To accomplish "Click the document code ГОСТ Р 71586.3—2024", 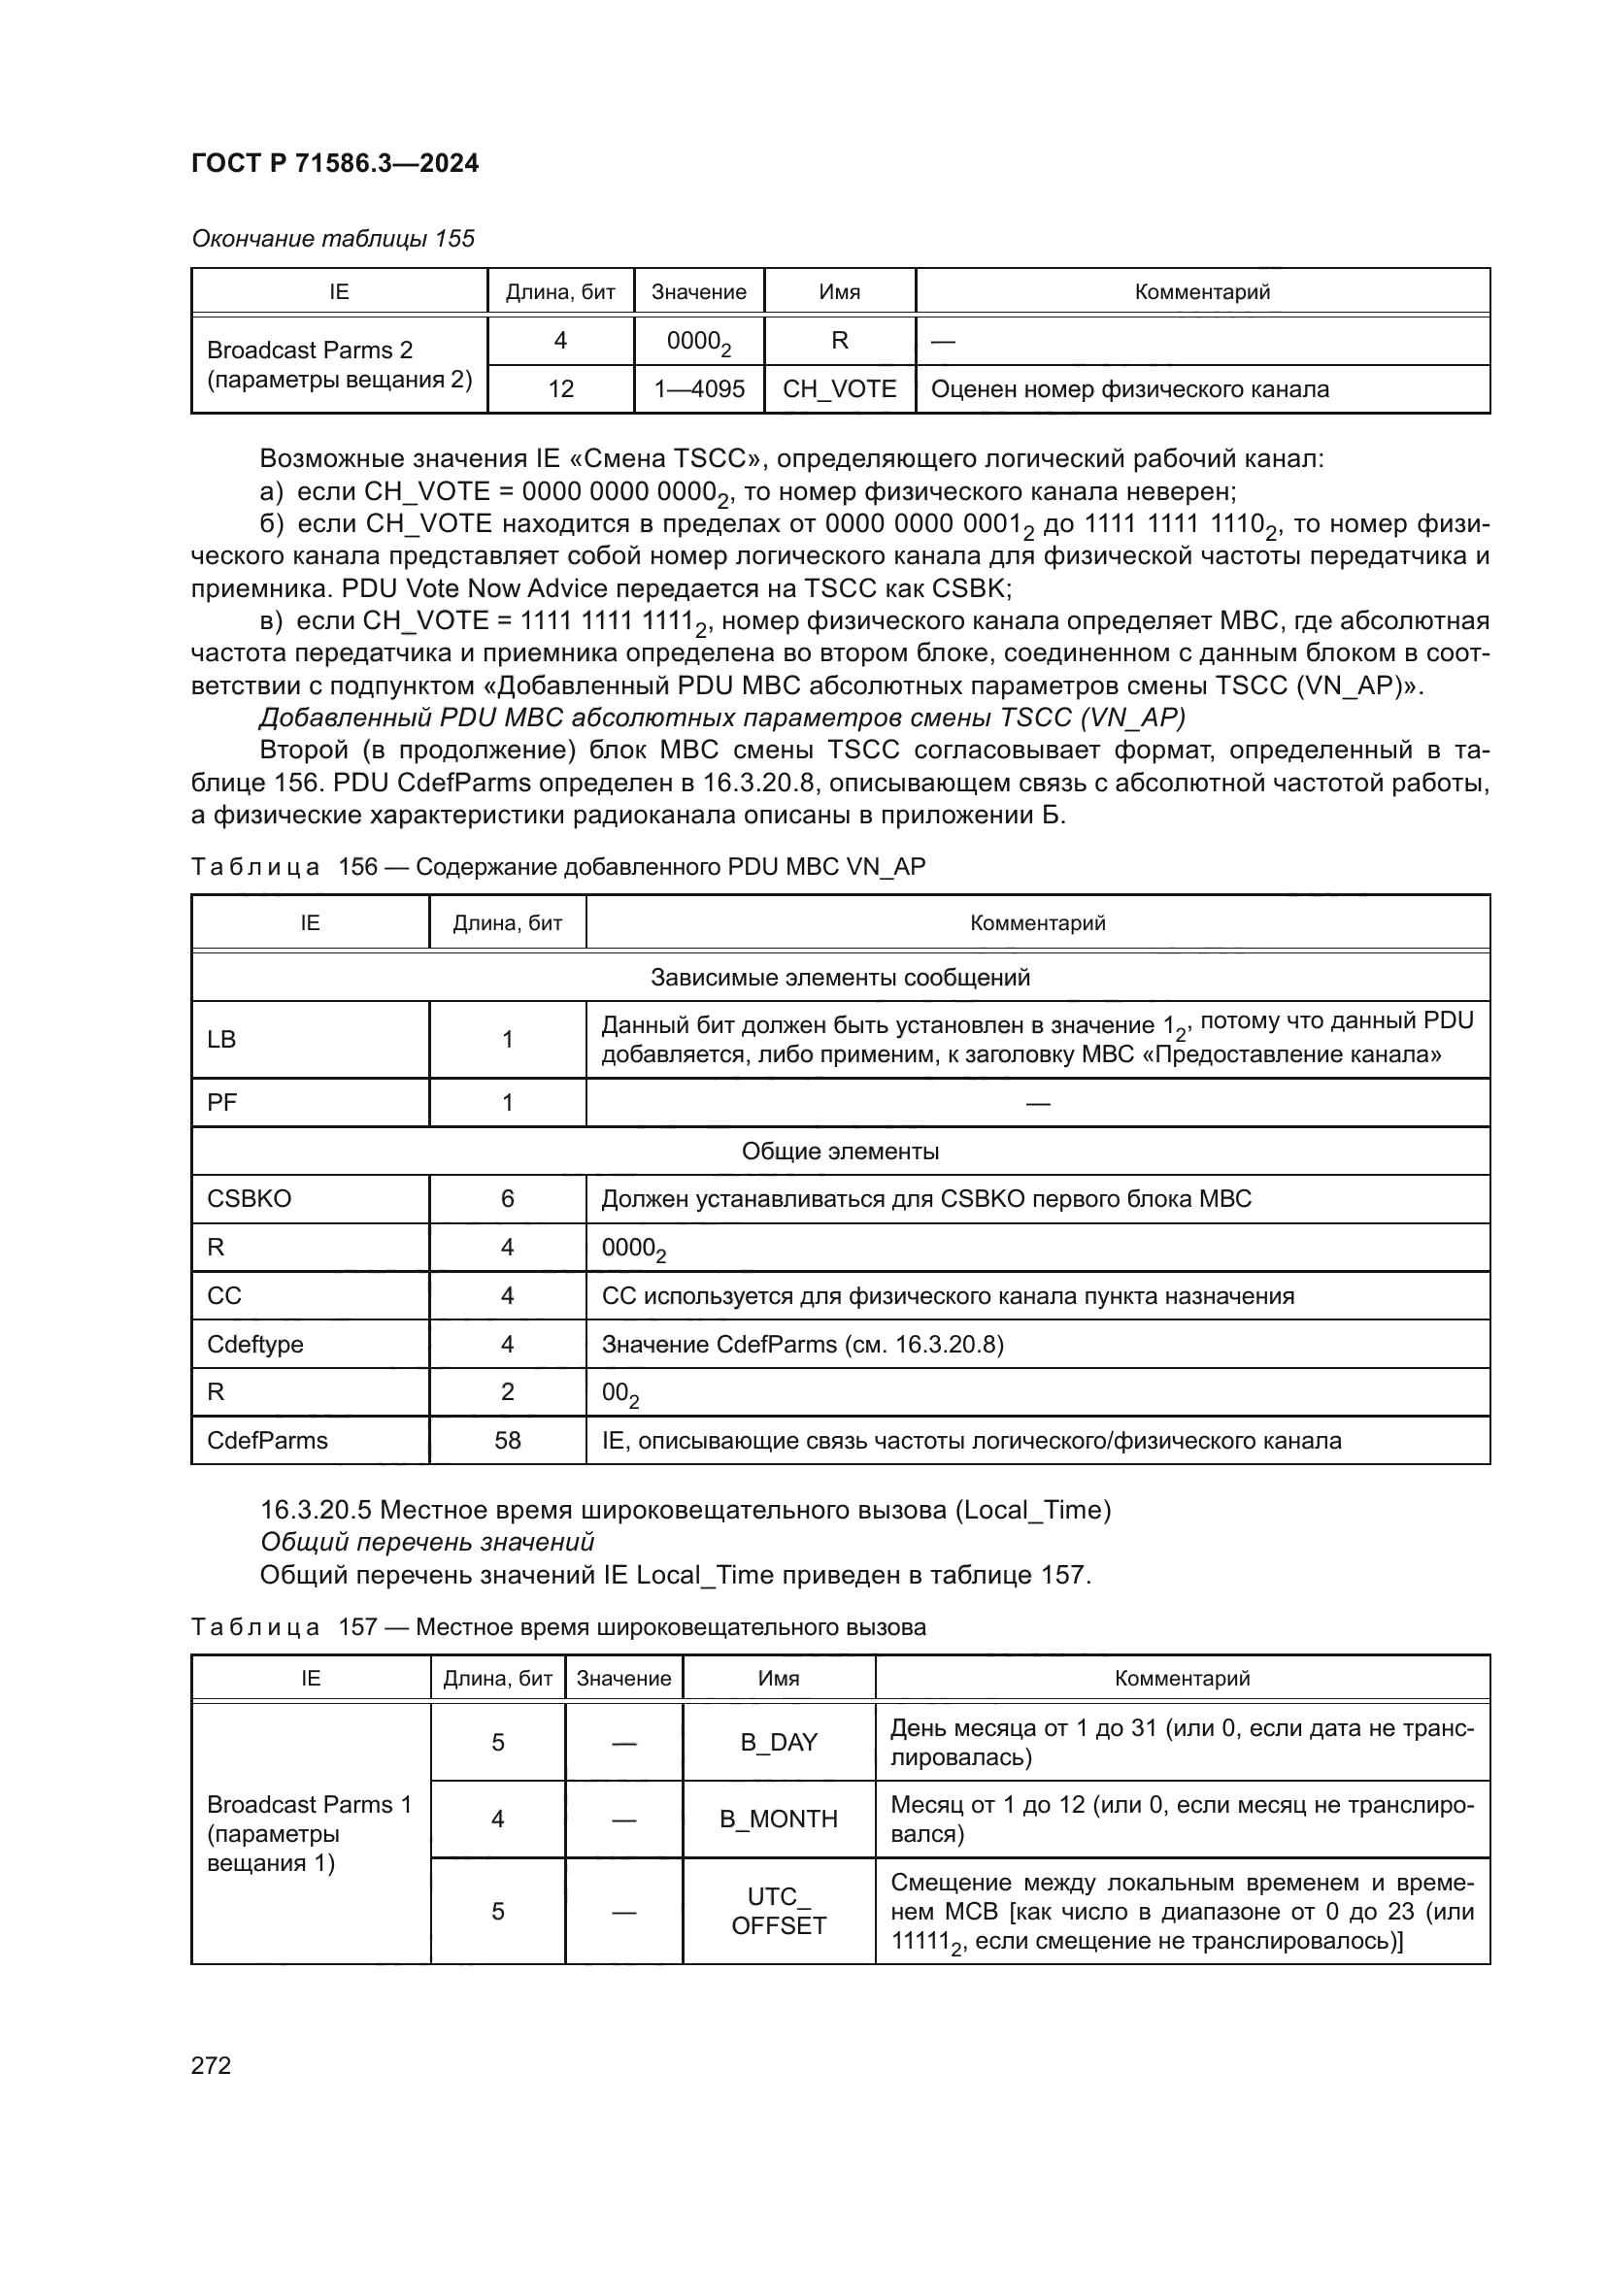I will (334, 163).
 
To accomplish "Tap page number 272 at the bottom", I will (211, 2064).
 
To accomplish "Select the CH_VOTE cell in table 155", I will (839, 388).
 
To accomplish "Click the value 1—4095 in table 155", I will (698, 388).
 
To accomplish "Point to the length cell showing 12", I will (559, 388).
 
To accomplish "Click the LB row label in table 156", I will (221, 1039).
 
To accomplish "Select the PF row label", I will (221, 1102).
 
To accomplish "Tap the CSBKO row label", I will (250, 1199).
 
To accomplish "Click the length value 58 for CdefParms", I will (507, 1440).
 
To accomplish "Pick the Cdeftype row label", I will (255, 1344).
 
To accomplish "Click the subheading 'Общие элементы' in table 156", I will (840, 1152).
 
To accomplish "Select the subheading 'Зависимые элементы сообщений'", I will (840, 978).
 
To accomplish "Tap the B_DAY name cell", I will (779, 1742).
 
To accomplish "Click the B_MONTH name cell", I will (779, 1819).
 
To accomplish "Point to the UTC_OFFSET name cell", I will (779, 1910).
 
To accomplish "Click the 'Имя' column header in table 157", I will (779, 1679).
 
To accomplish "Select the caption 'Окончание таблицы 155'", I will (332, 239).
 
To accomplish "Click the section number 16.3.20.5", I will (316, 1511).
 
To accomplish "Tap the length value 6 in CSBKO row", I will (507, 1199).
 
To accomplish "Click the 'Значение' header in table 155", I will (698, 292).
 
